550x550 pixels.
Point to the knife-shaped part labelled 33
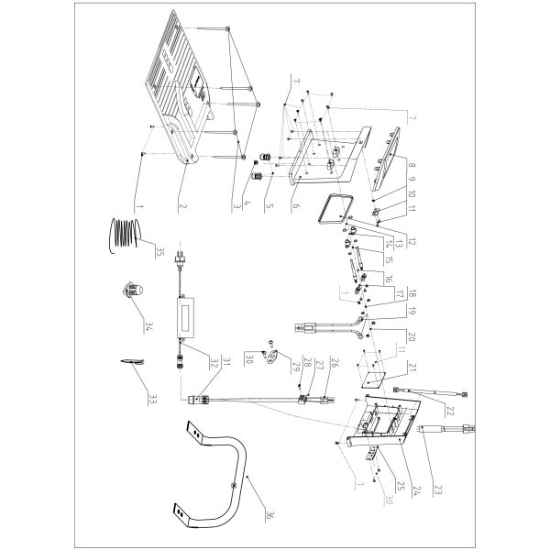click(134, 364)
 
